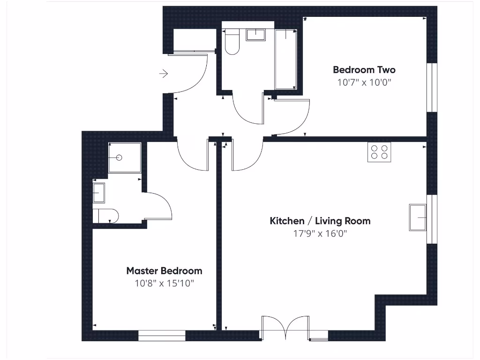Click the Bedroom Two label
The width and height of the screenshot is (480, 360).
click(x=364, y=70)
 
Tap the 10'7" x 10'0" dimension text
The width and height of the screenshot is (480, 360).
click(x=364, y=82)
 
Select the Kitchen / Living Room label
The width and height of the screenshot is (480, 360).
click(x=320, y=221)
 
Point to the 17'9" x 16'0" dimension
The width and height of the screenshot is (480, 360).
click(x=320, y=233)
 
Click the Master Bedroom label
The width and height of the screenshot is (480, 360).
click(x=164, y=271)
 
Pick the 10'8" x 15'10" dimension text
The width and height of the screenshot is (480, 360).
click(x=164, y=283)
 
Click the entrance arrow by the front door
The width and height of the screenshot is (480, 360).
click(x=164, y=74)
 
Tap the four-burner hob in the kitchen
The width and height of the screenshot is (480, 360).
click(x=379, y=152)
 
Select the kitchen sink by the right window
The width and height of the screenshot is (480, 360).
click(x=418, y=217)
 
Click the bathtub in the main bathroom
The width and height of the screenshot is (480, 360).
click(x=285, y=59)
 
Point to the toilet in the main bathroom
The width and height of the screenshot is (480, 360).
click(x=232, y=42)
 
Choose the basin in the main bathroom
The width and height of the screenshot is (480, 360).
click(x=255, y=35)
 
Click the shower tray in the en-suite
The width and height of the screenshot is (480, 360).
click(x=125, y=157)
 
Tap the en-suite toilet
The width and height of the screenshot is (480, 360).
click(x=105, y=216)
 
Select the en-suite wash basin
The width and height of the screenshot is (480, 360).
click(x=99, y=193)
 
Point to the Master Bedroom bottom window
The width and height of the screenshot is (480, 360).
click(x=162, y=336)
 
